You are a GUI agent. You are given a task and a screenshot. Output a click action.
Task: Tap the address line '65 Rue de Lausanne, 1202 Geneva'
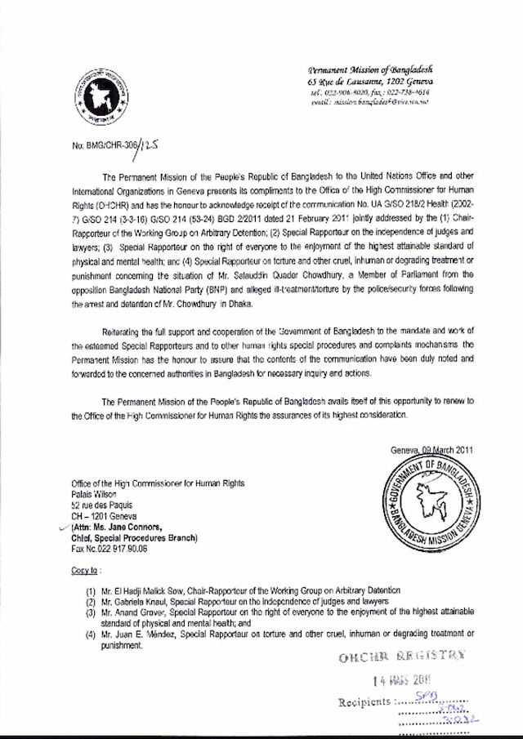coord(376,83)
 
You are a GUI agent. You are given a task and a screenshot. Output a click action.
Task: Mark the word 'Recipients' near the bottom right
coord(365,701)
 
